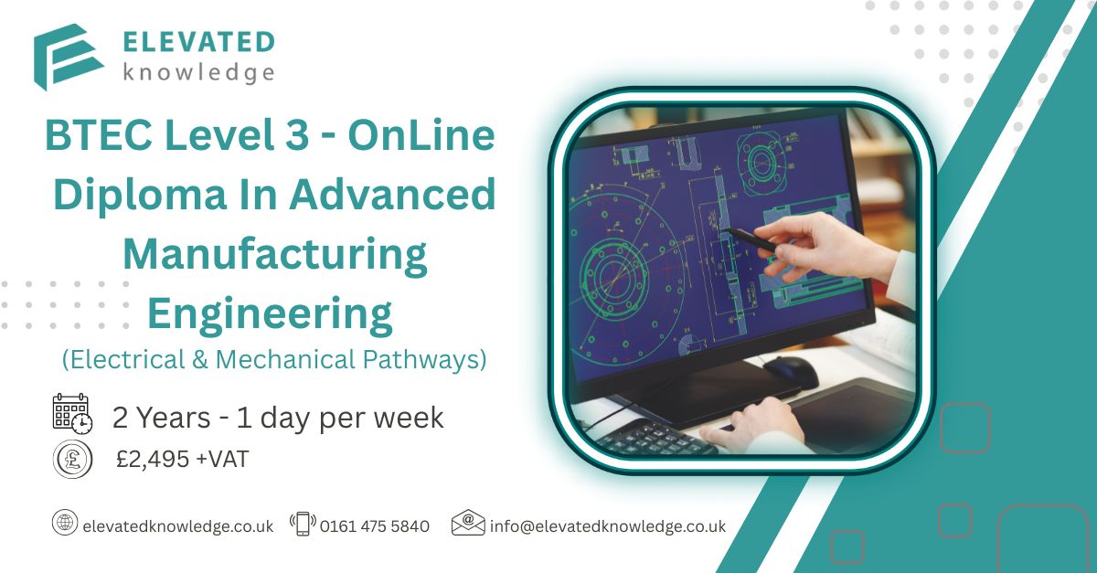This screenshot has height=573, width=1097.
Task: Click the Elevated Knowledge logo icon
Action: (x=68, y=57)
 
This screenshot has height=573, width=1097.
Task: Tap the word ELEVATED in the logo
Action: (x=198, y=42)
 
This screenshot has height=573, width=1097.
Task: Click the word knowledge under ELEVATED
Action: (x=198, y=72)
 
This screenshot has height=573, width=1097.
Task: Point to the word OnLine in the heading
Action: (x=421, y=135)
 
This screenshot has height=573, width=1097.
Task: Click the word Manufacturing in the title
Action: (x=275, y=256)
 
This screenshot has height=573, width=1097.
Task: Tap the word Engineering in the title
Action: (x=270, y=315)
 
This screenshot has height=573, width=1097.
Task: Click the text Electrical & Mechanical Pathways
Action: (x=274, y=359)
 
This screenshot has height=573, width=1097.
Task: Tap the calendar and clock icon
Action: (x=72, y=414)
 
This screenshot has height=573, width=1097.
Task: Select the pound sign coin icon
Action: (x=72, y=459)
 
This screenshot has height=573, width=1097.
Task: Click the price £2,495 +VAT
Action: (x=182, y=460)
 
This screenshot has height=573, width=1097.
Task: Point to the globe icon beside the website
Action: (x=65, y=522)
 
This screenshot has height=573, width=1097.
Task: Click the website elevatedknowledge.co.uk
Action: (x=177, y=526)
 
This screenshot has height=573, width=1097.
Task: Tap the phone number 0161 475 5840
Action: (x=375, y=526)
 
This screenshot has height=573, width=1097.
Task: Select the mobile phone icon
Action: (x=304, y=524)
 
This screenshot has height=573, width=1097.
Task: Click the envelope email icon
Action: (x=468, y=522)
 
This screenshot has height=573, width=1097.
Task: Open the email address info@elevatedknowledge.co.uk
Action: (x=608, y=526)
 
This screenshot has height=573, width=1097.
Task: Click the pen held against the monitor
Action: (x=751, y=239)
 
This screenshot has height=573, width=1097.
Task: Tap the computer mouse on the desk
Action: (x=791, y=371)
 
